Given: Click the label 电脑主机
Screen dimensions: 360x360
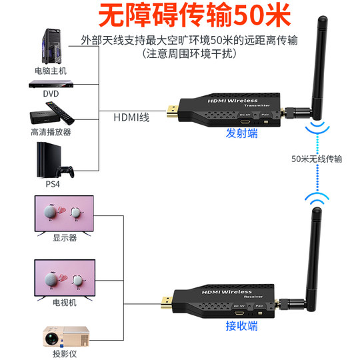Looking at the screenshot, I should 51,69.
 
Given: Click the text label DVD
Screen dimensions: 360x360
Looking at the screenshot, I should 51,94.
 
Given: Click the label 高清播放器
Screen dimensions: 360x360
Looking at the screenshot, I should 51,132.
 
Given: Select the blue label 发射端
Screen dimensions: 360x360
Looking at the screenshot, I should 241,134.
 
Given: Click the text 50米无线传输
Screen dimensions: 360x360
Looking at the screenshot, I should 317,159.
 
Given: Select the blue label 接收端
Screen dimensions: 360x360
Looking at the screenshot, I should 241,327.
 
